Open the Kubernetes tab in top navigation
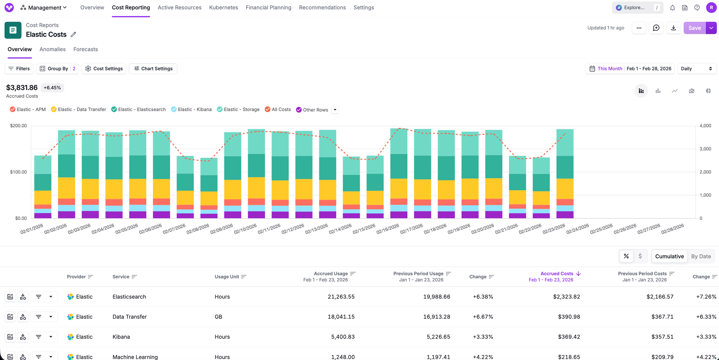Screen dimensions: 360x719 (223, 7)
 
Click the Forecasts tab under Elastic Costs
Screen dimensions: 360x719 (85, 49)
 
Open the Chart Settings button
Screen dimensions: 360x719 (153, 69)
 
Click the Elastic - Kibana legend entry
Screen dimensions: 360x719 (191, 109)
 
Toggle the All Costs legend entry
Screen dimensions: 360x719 (277, 109)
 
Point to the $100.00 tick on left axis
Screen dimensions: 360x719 (18, 172)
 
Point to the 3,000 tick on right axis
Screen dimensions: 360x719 (705, 149)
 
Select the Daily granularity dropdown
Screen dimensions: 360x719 (697, 69)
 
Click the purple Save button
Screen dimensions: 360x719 (694, 28)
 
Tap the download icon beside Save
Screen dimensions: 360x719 (673, 28)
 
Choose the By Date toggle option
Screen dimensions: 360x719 (701, 256)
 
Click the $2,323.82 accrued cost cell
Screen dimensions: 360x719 (566, 297)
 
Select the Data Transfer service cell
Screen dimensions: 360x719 (130, 317)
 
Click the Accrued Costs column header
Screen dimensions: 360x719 (557, 273)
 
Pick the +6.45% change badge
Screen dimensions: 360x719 (52, 88)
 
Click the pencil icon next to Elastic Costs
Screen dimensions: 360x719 (73, 34)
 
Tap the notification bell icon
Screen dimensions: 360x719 (672, 7)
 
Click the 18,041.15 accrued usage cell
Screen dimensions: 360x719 (341, 317)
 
